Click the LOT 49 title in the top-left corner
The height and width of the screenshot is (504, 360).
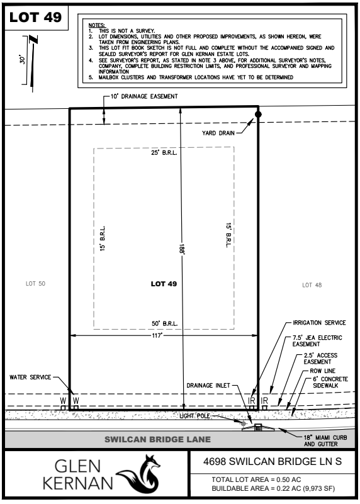click(x=35, y=18)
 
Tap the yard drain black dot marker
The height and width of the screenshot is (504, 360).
click(x=257, y=115)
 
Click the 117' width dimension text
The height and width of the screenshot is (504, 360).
click(x=163, y=335)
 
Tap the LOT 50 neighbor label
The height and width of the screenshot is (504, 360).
click(x=35, y=284)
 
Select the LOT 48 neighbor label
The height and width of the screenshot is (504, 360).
click(x=312, y=285)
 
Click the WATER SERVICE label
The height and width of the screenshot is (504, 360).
click(x=30, y=378)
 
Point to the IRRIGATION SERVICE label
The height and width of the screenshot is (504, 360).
click(x=317, y=323)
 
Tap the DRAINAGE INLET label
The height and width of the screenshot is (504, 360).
click(x=206, y=385)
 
